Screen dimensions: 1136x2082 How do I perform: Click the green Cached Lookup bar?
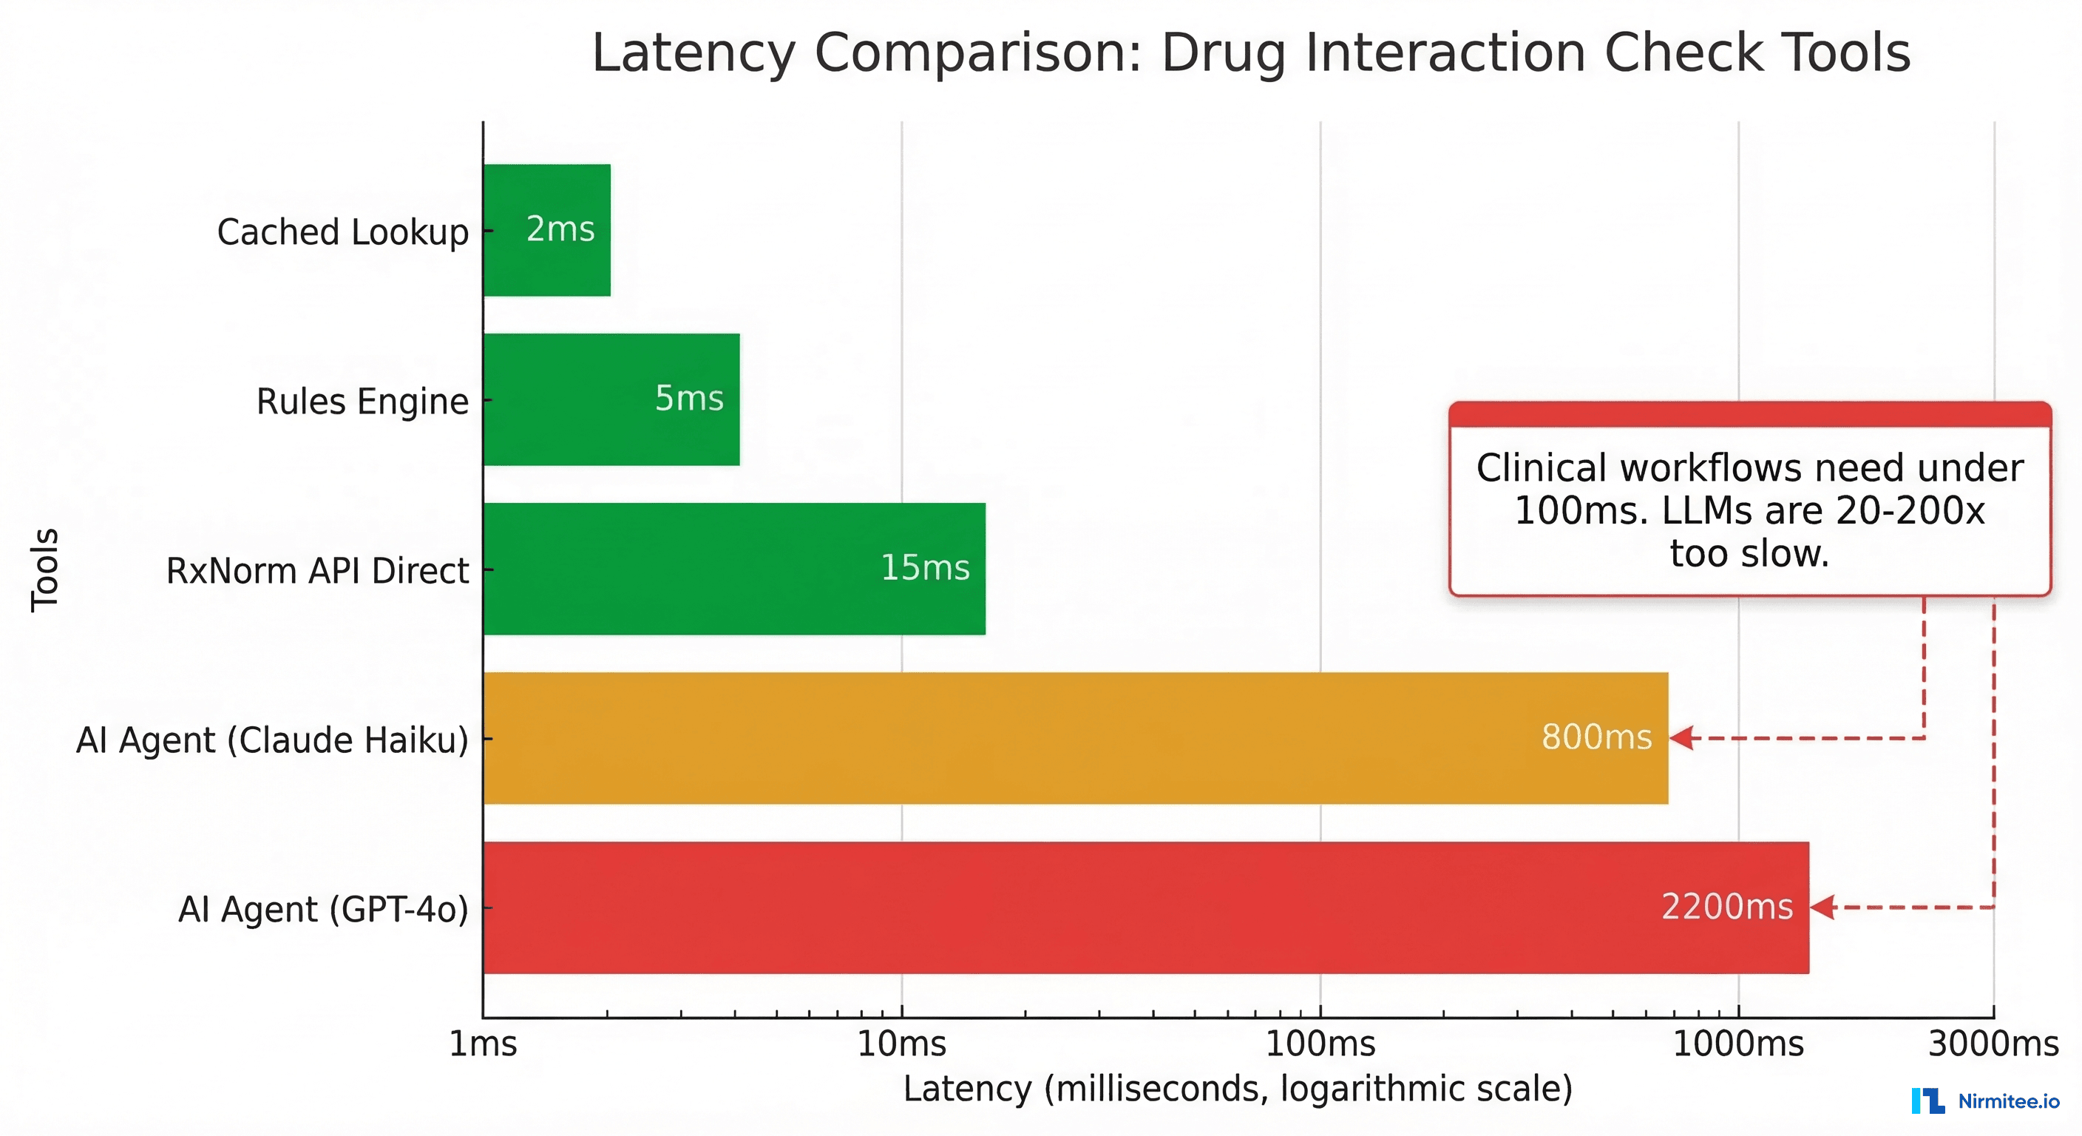tap(547, 231)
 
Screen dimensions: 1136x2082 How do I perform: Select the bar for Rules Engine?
tap(611, 399)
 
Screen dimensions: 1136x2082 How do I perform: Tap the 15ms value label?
tap(925, 567)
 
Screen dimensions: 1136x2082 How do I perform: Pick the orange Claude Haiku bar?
tap(1075, 738)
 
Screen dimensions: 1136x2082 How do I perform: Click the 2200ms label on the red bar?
tap(1726, 907)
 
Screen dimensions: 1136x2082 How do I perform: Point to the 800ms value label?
tap(1596, 737)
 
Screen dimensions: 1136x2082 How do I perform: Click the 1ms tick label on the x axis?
tap(484, 1044)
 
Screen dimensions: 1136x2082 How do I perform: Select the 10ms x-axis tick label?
tap(901, 1044)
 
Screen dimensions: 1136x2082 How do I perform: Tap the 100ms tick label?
tap(1320, 1044)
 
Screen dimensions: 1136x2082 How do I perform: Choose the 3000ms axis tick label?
tap(1993, 1044)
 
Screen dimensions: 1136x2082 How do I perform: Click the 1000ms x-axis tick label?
tap(1737, 1044)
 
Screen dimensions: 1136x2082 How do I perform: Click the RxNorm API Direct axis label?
tap(317, 571)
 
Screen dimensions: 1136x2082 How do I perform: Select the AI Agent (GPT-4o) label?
tap(322, 910)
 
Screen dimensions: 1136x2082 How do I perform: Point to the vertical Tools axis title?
tap(45, 569)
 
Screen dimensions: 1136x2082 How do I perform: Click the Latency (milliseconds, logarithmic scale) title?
tap(1238, 1088)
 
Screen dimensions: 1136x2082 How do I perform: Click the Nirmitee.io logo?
tap(1985, 1101)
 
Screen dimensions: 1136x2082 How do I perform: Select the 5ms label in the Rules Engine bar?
tap(688, 399)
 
